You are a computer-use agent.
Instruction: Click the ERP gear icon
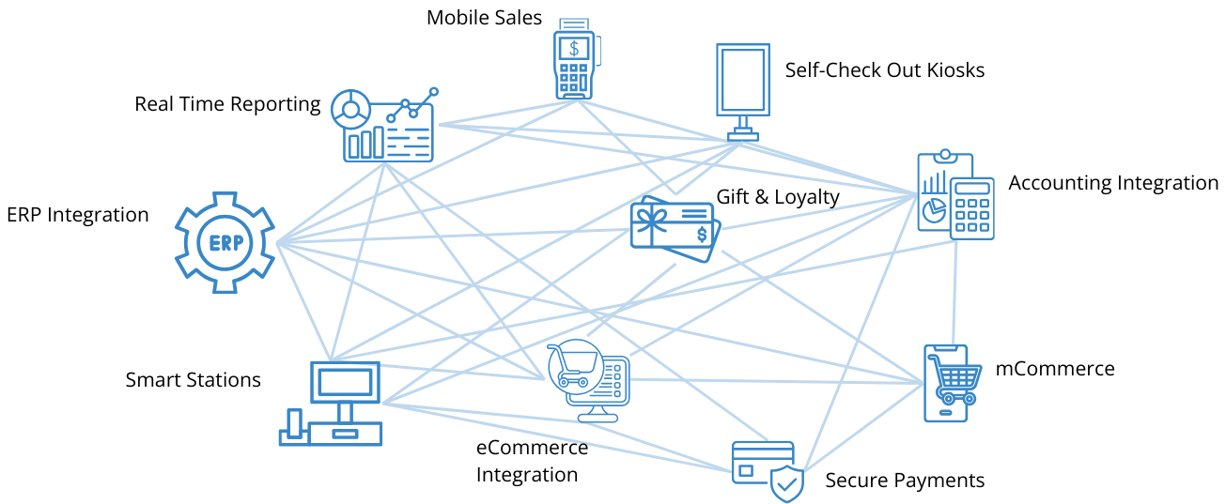tap(225, 244)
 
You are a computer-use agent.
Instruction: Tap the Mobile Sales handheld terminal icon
tap(576, 58)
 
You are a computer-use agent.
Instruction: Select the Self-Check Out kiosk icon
tap(742, 90)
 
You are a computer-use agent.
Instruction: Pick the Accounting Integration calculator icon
tap(956, 196)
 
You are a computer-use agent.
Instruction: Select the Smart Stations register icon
tap(332, 404)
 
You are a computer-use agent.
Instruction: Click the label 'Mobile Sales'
tap(485, 18)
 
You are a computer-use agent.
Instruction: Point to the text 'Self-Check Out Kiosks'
tap(884, 70)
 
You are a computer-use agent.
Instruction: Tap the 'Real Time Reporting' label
tap(227, 104)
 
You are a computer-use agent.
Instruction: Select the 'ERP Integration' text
tap(77, 215)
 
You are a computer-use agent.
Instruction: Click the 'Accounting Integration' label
tap(1113, 183)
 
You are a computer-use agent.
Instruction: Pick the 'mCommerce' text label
tap(1055, 369)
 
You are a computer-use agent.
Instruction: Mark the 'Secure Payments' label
tap(905, 481)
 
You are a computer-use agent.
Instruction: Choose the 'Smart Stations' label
tap(193, 380)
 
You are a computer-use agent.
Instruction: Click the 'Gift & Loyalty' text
tap(778, 197)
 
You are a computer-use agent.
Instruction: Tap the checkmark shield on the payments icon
tap(787, 484)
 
